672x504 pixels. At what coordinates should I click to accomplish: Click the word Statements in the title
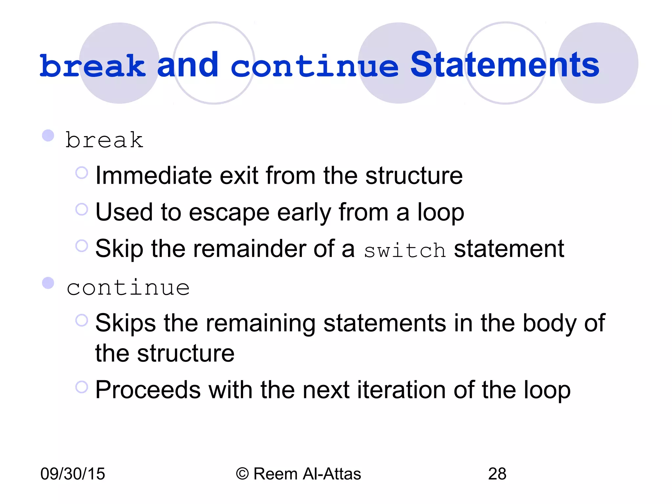point(505,65)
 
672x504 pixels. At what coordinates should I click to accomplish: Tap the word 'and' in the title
point(188,65)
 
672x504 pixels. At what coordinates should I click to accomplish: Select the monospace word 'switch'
point(405,251)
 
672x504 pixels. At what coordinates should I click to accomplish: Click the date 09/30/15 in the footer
point(73,474)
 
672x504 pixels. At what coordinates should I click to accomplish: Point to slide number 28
point(497,474)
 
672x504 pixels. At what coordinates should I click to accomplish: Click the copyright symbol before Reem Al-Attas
point(242,474)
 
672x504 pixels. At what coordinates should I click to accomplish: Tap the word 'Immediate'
point(154,176)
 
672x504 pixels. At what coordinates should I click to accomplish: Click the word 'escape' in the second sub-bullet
point(229,213)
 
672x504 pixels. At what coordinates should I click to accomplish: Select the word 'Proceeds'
point(148,390)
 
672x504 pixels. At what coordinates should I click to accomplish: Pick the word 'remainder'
point(249,249)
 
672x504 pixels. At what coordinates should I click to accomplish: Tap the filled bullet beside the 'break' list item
point(48,136)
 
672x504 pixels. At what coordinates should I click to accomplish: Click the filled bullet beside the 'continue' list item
point(48,283)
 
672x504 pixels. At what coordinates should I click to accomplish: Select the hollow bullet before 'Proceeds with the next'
point(82,387)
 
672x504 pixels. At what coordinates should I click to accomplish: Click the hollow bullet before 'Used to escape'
point(82,209)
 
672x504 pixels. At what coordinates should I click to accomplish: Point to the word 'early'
point(304,213)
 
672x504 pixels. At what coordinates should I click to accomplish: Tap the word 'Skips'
point(125,324)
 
